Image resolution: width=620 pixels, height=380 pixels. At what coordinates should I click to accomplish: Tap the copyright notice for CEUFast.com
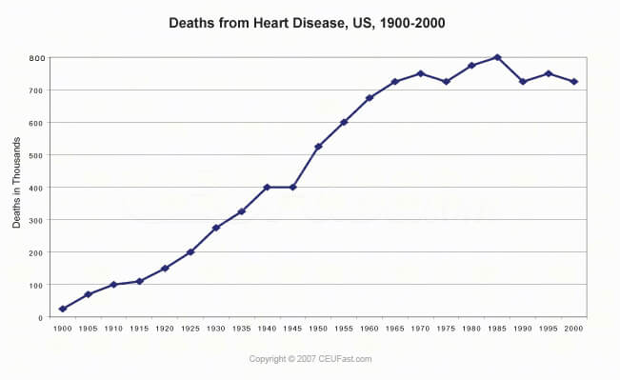pos(310,359)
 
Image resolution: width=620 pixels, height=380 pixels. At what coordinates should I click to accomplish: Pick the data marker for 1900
pos(63,309)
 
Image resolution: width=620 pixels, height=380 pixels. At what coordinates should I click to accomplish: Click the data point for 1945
pos(292,187)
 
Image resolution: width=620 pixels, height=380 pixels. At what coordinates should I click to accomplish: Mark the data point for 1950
pos(318,147)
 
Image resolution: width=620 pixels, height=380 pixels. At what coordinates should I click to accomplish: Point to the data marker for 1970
pos(420,73)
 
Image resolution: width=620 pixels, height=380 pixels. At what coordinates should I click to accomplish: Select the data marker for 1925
pos(190,252)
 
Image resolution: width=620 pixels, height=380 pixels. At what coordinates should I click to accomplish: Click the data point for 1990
pos(522,82)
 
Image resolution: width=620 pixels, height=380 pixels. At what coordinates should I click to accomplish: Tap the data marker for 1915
pos(139,281)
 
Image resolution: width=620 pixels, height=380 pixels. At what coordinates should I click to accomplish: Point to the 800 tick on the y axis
pos(35,58)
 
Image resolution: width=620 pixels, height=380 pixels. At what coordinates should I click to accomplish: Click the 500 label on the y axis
pos(35,155)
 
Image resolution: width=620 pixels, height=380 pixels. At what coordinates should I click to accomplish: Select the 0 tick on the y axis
pos(41,317)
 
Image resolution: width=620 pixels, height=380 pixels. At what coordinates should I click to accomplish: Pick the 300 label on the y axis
pos(35,220)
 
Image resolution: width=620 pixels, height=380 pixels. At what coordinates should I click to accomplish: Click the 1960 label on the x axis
pos(370,329)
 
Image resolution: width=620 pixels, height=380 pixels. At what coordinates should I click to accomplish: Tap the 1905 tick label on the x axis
pos(89,329)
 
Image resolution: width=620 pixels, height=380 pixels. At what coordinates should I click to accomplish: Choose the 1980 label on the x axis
pos(471,329)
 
